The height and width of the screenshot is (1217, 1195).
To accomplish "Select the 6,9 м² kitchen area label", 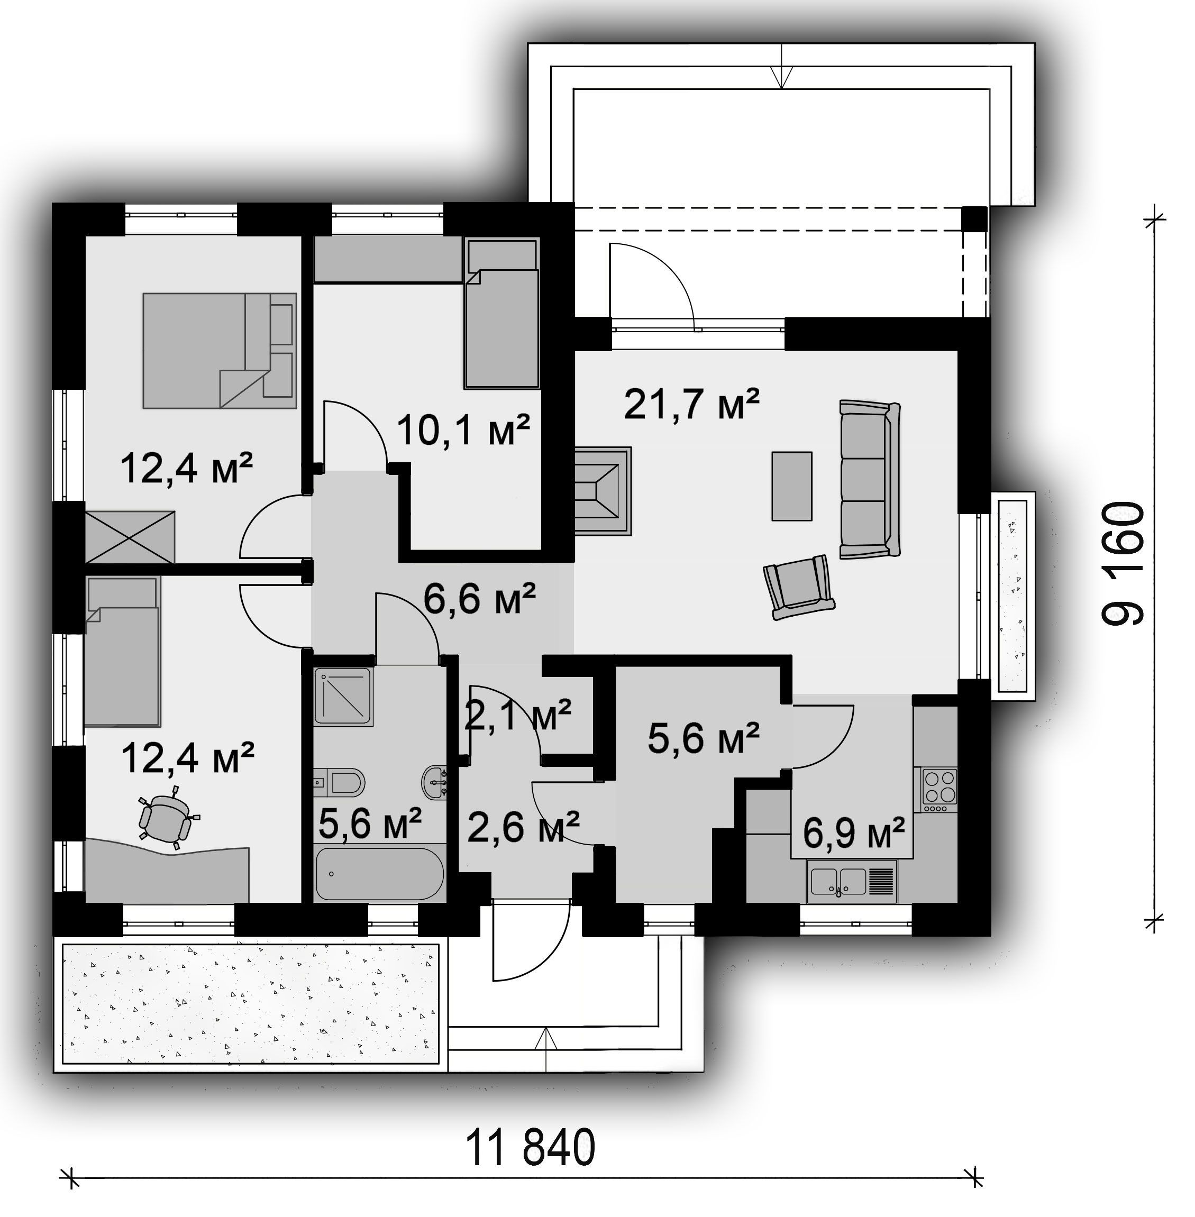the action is [854, 833].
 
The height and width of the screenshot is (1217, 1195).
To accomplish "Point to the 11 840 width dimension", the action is [531, 1147].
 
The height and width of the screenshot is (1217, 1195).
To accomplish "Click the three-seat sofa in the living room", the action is [870, 480].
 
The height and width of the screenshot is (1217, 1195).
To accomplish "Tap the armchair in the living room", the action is [799, 588].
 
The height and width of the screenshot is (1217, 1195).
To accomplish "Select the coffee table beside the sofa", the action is [791, 486].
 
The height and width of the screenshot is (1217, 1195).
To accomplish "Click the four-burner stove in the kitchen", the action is [939, 786].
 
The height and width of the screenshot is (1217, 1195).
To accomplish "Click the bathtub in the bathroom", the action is [380, 874].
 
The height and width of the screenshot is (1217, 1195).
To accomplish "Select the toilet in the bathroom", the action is [339, 783].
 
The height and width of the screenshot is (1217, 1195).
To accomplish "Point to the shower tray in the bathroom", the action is [343, 697].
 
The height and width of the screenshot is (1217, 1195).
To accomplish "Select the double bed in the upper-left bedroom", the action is [219, 350].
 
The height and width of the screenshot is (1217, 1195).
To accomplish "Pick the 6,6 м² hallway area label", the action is [479, 598].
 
